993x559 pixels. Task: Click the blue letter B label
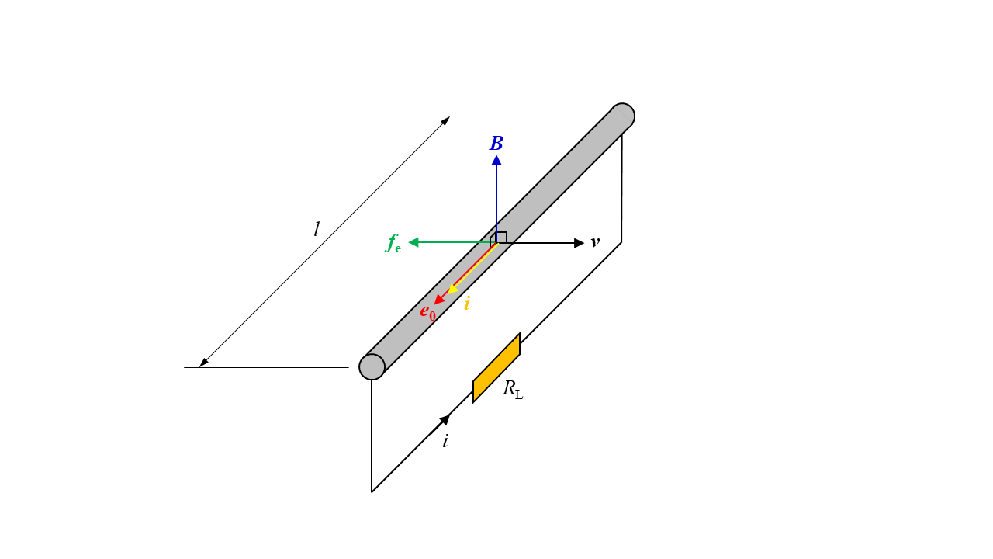click(x=496, y=144)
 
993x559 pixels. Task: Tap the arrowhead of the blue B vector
click(x=496, y=160)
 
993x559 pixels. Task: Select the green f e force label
click(x=393, y=244)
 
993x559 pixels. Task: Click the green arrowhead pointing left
click(x=413, y=242)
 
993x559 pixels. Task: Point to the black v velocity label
click(x=595, y=242)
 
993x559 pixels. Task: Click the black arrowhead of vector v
click(x=579, y=243)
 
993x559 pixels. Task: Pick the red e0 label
click(x=427, y=312)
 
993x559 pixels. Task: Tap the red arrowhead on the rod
click(x=439, y=300)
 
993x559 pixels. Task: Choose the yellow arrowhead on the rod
click(x=452, y=288)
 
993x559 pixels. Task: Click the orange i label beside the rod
click(x=467, y=304)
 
